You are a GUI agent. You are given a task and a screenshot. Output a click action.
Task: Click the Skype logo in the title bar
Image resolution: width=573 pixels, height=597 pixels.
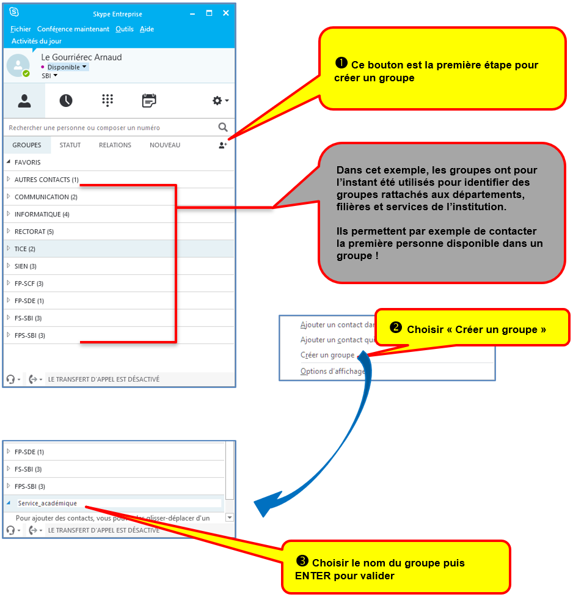click(x=14, y=12)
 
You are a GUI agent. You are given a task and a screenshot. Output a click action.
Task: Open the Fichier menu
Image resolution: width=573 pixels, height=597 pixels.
click(x=21, y=29)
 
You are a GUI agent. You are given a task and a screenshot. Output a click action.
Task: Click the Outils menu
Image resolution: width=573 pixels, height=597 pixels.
click(x=124, y=29)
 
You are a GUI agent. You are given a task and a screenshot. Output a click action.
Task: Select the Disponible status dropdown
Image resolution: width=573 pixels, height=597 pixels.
click(x=67, y=67)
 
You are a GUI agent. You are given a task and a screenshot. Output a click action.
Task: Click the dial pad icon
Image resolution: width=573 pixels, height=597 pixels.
click(x=108, y=101)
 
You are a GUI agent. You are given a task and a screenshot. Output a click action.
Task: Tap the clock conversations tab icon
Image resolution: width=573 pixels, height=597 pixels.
click(x=66, y=101)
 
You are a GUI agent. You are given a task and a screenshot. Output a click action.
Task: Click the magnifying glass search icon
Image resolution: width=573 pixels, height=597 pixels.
click(x=223, y=127)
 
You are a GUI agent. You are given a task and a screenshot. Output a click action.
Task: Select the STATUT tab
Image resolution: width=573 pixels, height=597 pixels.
click(x=70, y=145)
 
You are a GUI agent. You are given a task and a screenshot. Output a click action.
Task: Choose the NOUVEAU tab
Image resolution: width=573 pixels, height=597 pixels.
click(x=165, y=145)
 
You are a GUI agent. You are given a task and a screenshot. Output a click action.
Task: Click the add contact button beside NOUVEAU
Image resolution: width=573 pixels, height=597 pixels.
click(x=223, y=145)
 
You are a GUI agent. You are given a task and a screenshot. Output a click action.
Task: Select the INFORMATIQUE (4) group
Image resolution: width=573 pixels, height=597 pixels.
click(x=42, y=214)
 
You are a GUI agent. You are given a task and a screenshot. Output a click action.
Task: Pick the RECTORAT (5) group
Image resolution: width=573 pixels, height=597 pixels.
click(x=34, y=232)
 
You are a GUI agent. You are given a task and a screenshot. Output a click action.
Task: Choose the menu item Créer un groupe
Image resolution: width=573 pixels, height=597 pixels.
click(x=327, y=355)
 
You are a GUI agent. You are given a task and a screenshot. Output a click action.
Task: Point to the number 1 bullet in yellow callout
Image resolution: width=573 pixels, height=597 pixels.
click(x=341, y=63)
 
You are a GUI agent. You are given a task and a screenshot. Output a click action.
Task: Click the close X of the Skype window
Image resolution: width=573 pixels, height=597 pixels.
click(x=226, y=13)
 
